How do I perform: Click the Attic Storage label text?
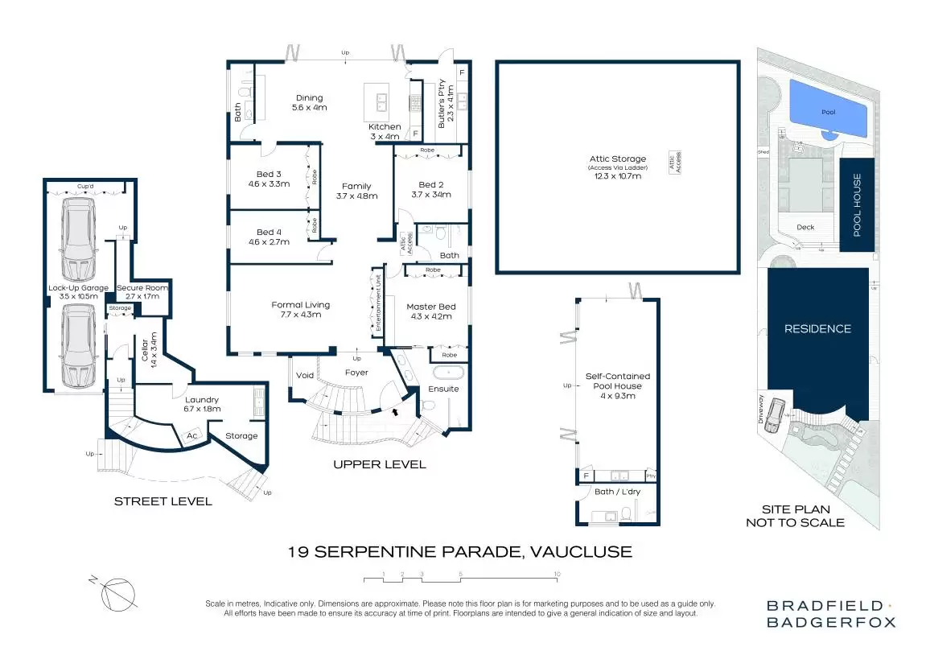(617, 164)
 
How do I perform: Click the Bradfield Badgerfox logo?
(830, 613)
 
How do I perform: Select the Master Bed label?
(431, 311)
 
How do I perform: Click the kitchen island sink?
(377, 101)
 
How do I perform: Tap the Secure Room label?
(142, 292)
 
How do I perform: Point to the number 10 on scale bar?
(557, 574)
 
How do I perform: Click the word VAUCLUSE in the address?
(581, 552)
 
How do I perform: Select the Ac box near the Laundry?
(191, 435)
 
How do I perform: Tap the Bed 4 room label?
(269, 237)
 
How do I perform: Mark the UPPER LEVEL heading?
(380, 464)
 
